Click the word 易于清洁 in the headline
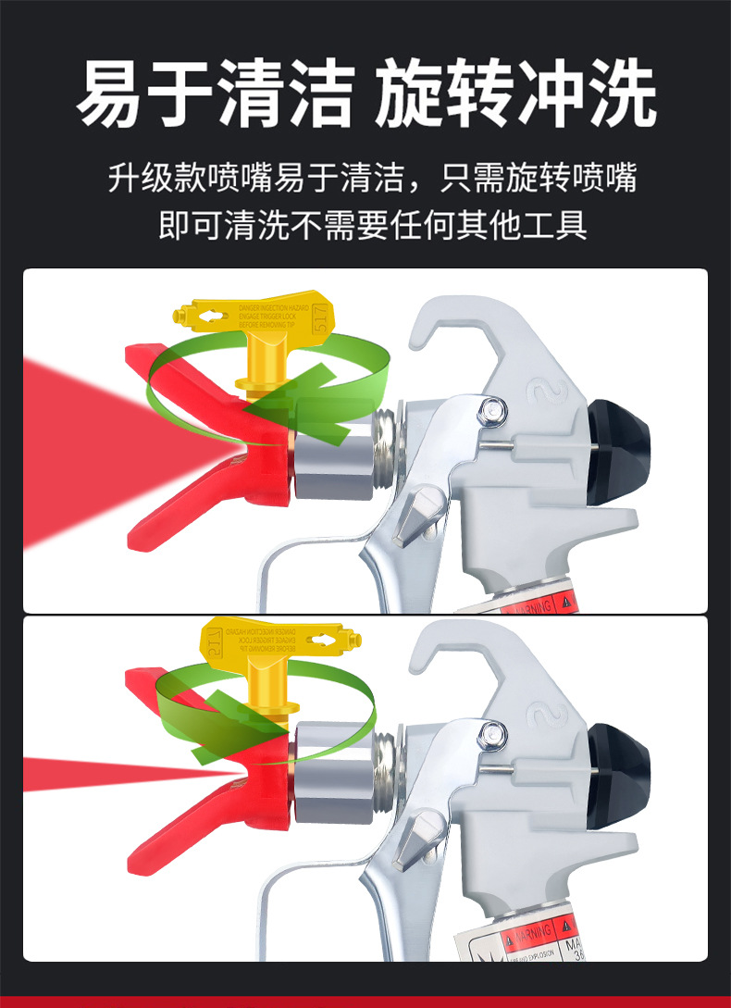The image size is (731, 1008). [x=215, y=94]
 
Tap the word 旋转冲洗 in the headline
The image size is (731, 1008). [x=515, y=94]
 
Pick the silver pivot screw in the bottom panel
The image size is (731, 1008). [x=489, y=733]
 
